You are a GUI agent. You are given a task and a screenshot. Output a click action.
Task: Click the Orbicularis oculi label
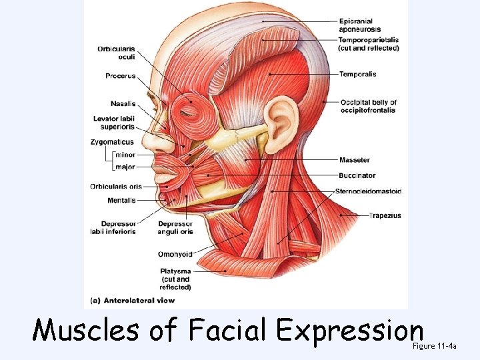(x=116, y=53)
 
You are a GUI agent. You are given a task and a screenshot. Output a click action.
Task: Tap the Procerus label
(x=120, y=76)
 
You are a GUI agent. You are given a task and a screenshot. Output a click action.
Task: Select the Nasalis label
(x=123, y=103)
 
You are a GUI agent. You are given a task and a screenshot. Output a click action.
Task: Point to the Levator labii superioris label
(x=113, y=123)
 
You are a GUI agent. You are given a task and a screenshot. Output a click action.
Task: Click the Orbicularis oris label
(x=116, y=187)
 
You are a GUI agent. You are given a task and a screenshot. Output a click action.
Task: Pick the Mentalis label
(x=121, y=200)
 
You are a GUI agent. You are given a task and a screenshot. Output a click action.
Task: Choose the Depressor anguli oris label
(x=175, y=228)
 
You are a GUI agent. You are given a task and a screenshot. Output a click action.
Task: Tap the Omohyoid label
(x=175, y=254)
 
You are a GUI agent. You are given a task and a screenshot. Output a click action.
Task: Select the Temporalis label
(x=359, y=73)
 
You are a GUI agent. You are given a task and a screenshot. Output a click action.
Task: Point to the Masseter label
(x=354, y=160)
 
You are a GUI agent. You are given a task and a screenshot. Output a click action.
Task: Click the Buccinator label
(x=357, y=176)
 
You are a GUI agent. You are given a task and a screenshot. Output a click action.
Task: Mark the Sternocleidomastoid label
(x=368, y=191)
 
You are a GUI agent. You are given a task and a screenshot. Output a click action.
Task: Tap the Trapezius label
(x=385, y=215)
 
